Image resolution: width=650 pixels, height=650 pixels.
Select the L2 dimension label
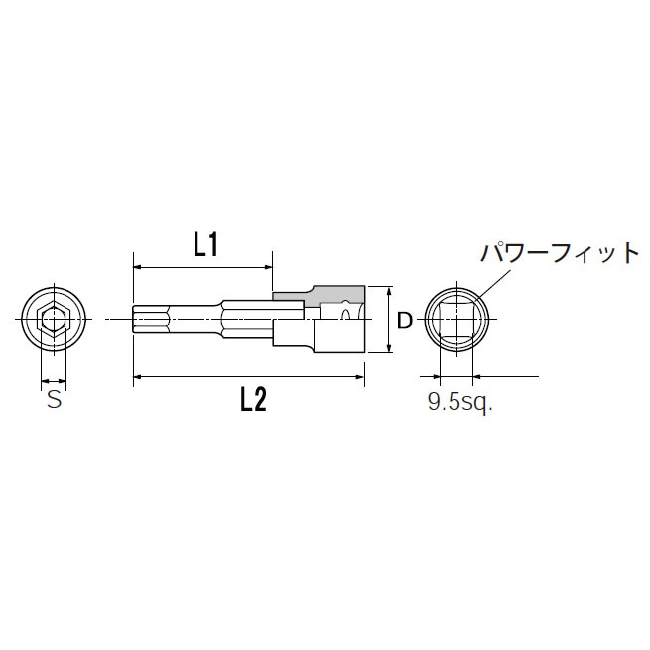(x=254, y=399)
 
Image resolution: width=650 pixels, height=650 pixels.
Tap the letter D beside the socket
(x=404, y=322)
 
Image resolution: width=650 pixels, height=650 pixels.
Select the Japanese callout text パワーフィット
(x=560, y=253)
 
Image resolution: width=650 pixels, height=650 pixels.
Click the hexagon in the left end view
(x=53, y=320)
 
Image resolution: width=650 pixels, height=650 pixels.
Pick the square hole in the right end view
(x=456, y=320)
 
